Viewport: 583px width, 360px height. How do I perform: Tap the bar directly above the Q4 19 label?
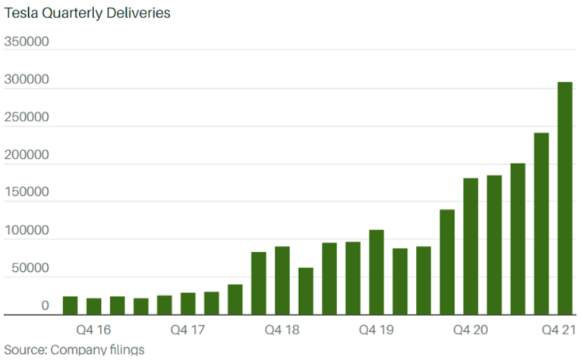pyautogui.click(x=377, y=273)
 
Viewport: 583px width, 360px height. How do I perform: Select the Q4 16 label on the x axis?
pyautogui.click(x=93, y=330)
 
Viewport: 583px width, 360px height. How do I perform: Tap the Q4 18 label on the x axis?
pyautogui.click(x=282, y=330)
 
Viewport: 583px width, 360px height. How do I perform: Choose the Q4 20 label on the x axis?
pyautogui.click(x=471, y=330)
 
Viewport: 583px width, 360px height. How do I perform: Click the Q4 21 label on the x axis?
pyautogui.click(x=563, y=330)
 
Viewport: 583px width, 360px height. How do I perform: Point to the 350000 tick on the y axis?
pyautogui.click(x=27, y=41)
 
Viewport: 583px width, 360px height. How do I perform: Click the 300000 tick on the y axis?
pyautogui.click(x=27, y=80)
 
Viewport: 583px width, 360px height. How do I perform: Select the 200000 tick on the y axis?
pyautogui.click(x=27, y=155)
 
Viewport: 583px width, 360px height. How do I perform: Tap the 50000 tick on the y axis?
pyautogui.click(x=30, y=268)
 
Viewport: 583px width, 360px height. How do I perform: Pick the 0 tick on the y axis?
pyautogui.click(x=46, y=306)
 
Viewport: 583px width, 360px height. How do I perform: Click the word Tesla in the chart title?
pyautogui.click(x=20, y=13)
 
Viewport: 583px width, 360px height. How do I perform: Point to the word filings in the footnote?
pyautogui.click(x=124, y=350)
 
